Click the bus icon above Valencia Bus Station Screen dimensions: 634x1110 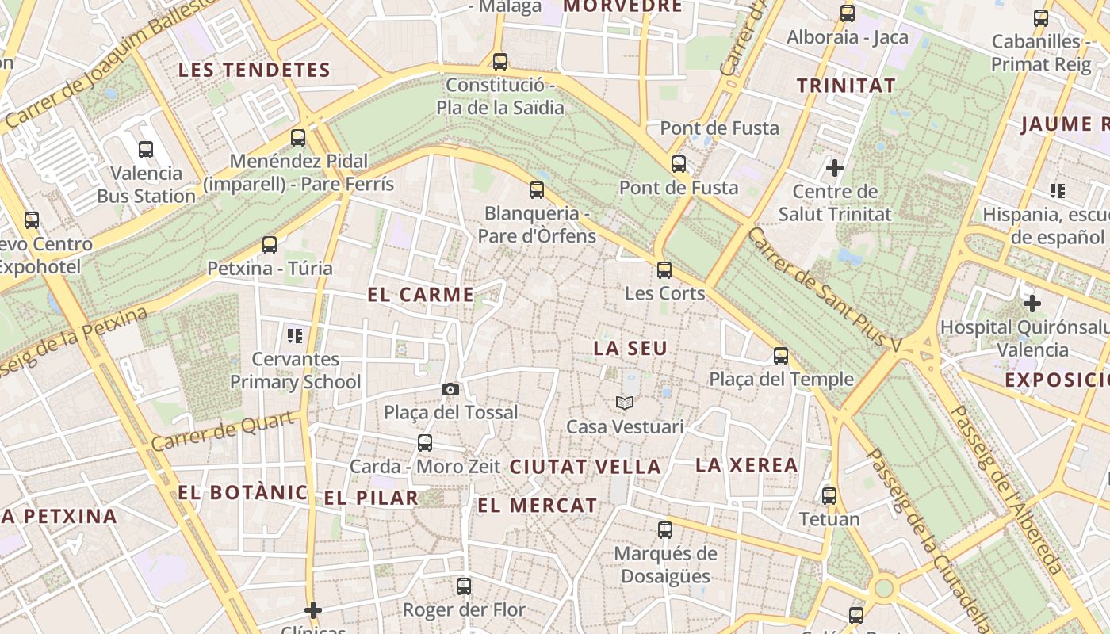146,149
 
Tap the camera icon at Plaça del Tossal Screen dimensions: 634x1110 450,389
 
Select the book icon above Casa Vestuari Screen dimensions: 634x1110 625,403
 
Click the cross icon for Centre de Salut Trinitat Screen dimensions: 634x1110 834,168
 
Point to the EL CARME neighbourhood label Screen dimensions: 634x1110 420,295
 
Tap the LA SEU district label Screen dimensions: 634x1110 630,348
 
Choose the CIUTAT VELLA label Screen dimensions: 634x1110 585,467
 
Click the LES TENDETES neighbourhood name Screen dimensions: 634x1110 254,70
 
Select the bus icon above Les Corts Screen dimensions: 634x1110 664,269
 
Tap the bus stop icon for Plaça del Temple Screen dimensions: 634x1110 781,356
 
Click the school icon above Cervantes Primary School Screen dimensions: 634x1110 295,336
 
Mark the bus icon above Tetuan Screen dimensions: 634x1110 829,496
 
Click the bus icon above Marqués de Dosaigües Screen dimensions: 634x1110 665,529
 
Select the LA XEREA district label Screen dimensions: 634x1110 746,465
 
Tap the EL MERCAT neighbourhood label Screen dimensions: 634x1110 537,505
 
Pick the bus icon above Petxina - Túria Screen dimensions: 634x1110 270,245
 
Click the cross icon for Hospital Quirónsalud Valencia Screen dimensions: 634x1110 1032,304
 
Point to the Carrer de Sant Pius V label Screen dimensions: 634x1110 825,290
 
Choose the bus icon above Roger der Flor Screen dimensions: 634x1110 464,586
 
